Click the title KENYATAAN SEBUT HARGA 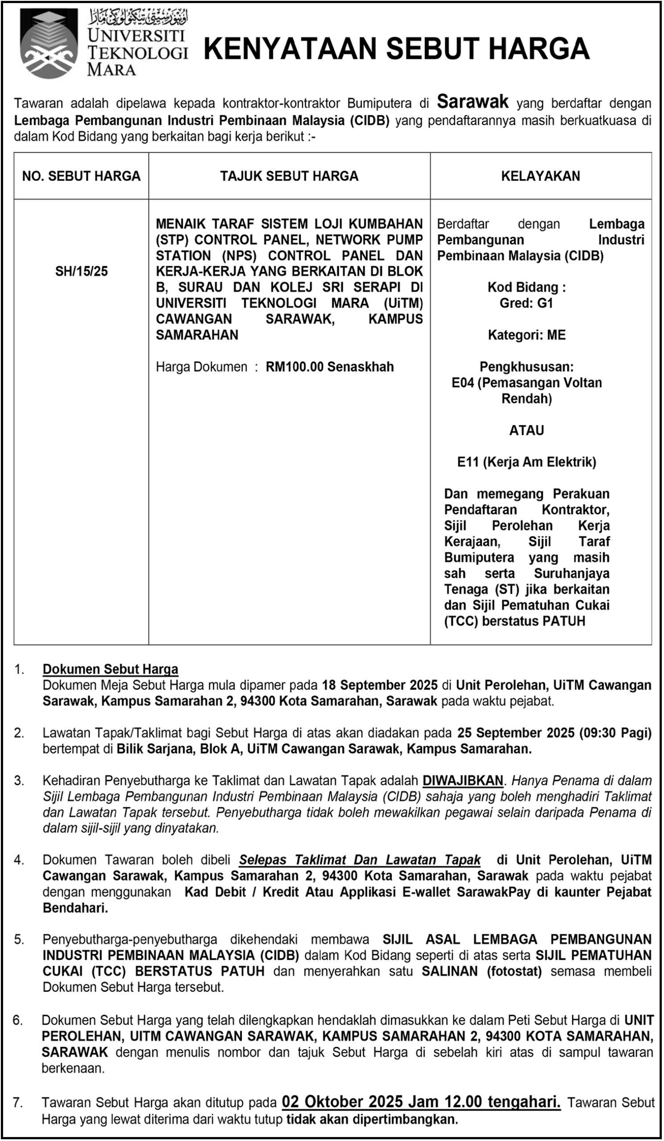click(397, 49)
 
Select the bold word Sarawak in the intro click(472, 102)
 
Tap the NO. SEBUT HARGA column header click(82, 176)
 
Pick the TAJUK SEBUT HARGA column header click(289, 176)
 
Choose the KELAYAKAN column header click(541, 176)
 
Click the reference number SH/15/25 click(82, 271)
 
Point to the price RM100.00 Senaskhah click(329, 367)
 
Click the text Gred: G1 click(526, 304)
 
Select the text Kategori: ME click(526, 335)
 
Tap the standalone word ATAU click(526, 430)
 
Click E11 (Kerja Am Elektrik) click(526, 462)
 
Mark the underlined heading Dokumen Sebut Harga click(111, 669)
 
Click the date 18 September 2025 click(380, 685)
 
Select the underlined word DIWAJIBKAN click(463, 780)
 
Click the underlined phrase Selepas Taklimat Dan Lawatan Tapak click(360, 859)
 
